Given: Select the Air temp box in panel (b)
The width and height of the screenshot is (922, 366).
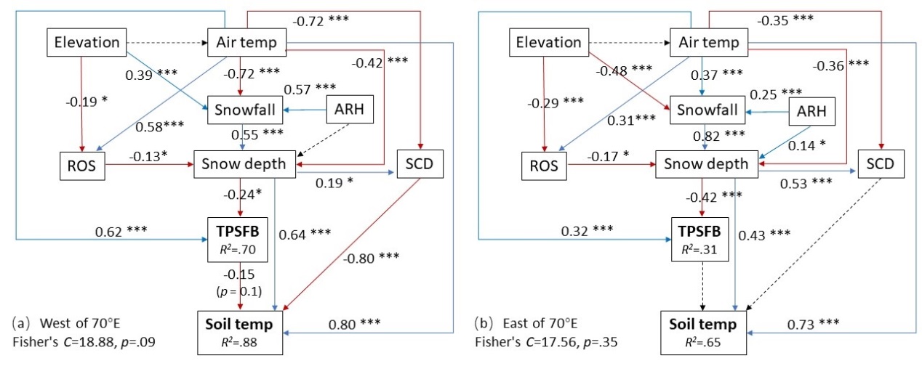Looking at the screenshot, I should [x=704, y=42].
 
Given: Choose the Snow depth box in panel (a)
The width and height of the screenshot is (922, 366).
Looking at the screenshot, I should [x=244, y=166].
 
